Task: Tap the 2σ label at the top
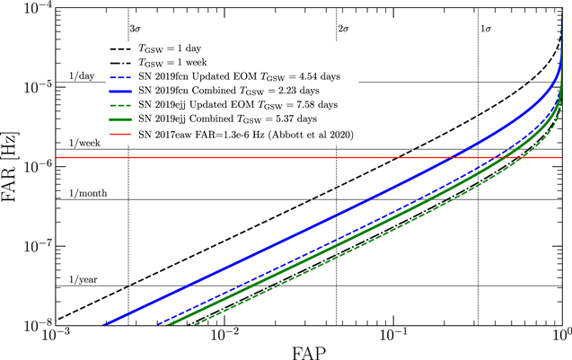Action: pyautogui.click(x=343, y=30)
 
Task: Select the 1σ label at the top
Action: pyautogui.click(x=485, y=30)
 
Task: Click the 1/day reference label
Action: pyautogui.click(x=82, y=75)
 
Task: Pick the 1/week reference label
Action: pyautogui.click(x=84, y=143)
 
